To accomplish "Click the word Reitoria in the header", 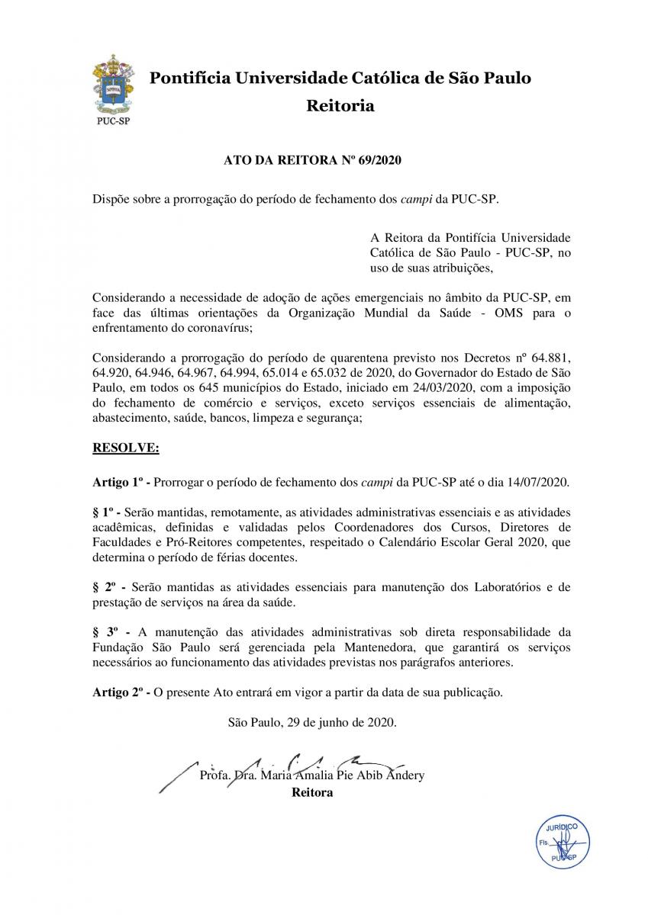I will pos(340,106).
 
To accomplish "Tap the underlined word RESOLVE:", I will pos(125,449).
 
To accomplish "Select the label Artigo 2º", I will pos(118,692).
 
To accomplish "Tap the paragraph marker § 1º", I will pos(104,512).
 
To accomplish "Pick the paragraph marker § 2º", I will pos(105,587).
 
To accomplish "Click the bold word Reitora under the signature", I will pos(312,792).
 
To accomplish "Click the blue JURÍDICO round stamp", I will pos(561,845).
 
